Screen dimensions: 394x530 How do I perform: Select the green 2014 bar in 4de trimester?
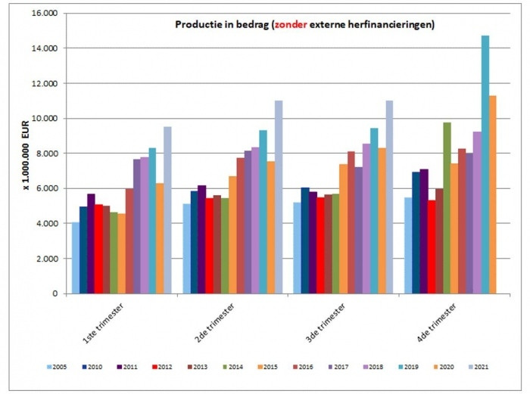[x=447, y=208]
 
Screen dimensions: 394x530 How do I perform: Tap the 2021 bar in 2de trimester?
[x=279, y=197]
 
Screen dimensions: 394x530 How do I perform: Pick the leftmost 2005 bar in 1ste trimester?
[x=76, y=258]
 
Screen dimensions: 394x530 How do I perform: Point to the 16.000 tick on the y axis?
[x=46, y=14]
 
